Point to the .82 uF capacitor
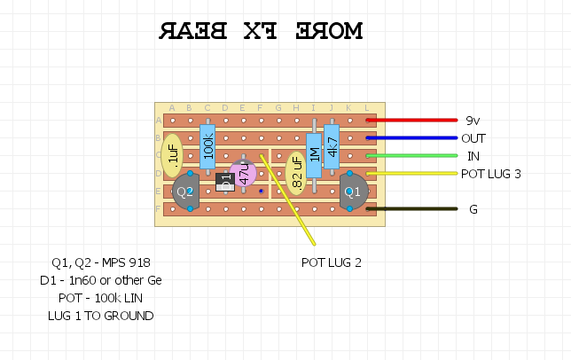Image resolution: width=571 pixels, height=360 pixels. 297,173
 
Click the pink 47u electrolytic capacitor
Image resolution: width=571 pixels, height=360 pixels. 242,174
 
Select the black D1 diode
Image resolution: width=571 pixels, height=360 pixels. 225,182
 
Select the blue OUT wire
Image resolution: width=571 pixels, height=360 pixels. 411,138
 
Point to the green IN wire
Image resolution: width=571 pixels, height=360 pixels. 411,156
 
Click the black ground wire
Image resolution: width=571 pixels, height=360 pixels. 411,209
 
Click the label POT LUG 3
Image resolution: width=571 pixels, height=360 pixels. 490,174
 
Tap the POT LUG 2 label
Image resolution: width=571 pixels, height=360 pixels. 332,262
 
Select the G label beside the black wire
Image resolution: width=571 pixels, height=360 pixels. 473,209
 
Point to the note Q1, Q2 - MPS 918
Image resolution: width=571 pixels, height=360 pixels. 101,262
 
